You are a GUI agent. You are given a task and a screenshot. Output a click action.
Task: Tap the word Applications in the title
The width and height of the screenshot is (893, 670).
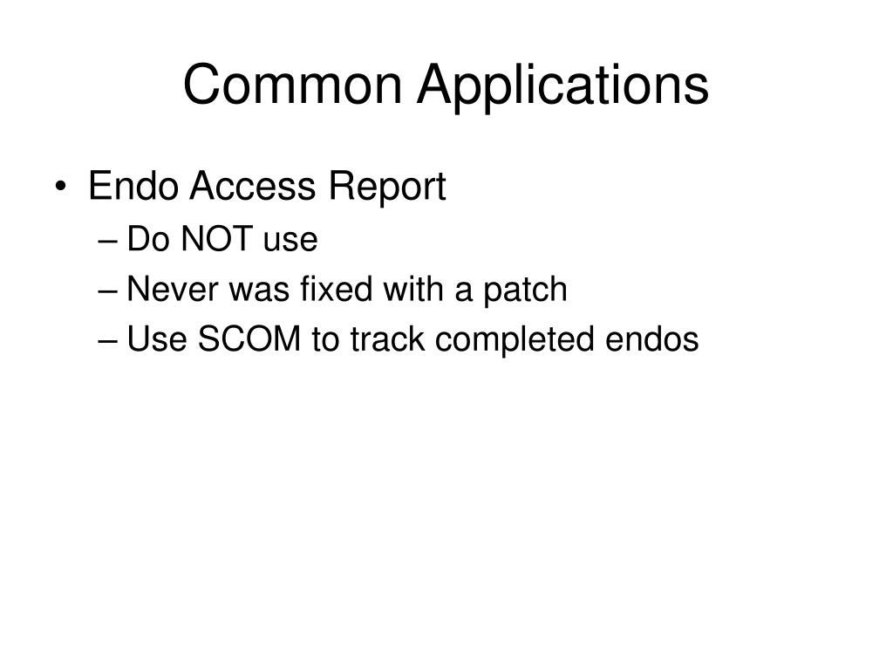pos(562,85)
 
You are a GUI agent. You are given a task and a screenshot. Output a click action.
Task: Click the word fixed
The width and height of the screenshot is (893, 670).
pos(323,289)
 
